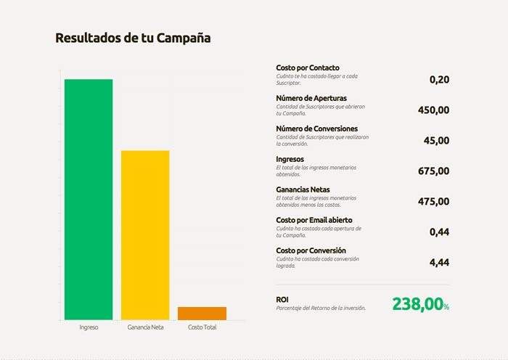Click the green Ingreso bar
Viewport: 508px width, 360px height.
89,199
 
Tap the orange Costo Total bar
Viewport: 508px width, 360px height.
202,313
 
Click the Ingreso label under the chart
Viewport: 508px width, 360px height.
89,327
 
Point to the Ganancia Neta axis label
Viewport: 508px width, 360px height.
145,327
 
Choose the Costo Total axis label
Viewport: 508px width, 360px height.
202,327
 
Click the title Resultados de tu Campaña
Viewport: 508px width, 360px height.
133,37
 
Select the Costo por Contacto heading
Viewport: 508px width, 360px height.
308,67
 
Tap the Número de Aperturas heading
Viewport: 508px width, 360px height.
311,98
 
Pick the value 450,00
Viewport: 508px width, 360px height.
434,110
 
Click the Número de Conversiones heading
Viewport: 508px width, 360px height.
316,128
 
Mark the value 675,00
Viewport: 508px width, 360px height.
434,171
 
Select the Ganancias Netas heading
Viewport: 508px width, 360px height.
303,189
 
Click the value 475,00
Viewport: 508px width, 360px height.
434,202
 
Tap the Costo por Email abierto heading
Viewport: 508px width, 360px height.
314,220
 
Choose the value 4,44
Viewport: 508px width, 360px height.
439,263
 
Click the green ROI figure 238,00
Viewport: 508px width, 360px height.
417,305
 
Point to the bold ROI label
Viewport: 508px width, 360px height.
282,299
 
